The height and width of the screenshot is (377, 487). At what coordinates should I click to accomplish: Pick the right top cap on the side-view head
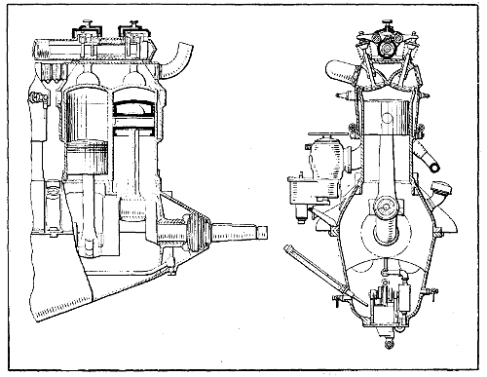coord(129,21)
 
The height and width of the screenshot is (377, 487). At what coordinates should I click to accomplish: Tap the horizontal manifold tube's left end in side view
coord(41,49)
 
